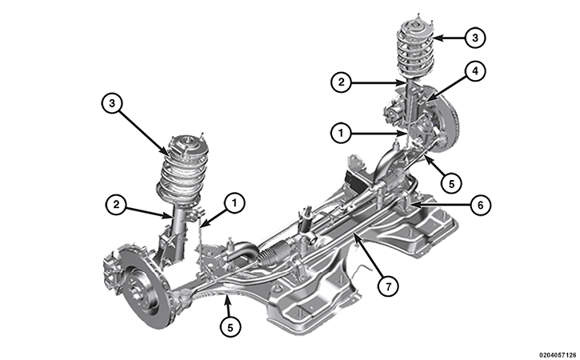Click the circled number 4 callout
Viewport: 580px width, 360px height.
(475, 70)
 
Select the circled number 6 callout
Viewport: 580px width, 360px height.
(480, 205)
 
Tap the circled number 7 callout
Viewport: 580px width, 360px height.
(388, 286)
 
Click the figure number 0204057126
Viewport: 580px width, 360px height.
(557, 355)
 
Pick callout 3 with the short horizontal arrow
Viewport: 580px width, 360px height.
(475, 38)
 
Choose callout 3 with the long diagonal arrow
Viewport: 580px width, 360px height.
(112, 103)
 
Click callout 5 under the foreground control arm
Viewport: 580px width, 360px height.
(230, 327)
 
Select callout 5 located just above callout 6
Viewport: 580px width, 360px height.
(451, 182)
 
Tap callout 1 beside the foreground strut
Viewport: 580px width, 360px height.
(234, 202)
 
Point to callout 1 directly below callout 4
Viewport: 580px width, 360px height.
(341, 133)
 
